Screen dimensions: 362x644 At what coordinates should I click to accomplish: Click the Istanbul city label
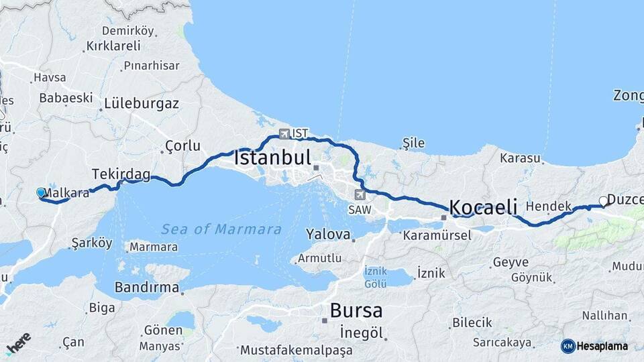[272, 159]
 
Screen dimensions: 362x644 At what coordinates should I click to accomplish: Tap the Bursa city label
[356, 311]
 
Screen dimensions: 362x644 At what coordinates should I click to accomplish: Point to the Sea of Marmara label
[221, 229]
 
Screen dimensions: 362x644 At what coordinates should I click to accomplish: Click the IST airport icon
[285, 133]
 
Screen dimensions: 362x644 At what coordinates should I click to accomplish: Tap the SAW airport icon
[360, 195]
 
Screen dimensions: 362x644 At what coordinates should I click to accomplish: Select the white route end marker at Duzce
[603, 200]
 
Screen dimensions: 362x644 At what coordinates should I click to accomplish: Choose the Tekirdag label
[121, 174]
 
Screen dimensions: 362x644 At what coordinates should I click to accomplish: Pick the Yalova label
[329, 235]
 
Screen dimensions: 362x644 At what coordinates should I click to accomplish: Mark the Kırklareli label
[113, 46]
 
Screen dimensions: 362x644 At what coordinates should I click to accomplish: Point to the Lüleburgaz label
[142, 104]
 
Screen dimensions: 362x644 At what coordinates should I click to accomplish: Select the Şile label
[414, 143]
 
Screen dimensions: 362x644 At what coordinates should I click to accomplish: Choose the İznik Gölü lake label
[376, 277]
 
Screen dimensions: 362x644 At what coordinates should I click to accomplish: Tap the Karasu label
[520, 159]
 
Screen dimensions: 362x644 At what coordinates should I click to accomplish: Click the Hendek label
[549, 206]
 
